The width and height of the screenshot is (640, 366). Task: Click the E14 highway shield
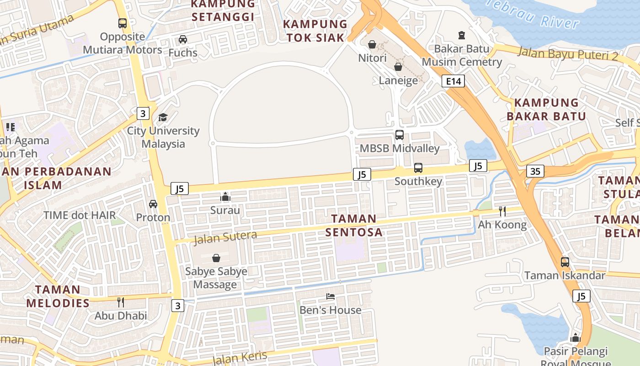click(453, 81)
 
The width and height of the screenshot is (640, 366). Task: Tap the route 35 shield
click(535, 171)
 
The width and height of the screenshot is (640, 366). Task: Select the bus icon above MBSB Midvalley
click(399, 135)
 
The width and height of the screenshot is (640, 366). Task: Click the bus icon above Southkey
click(418, 168)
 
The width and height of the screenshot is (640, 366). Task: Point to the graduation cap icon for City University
click(163, 117)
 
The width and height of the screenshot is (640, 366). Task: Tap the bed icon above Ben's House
click(330, 296)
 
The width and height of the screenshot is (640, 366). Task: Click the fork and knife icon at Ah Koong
click(502, 211)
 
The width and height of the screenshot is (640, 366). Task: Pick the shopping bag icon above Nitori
click(372, 44)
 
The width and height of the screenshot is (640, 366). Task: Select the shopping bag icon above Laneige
click(398, 67)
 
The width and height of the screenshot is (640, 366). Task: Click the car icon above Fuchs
click(182, 39)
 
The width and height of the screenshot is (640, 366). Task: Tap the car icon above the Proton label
click(153, 204)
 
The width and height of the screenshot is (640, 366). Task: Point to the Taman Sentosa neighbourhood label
click(354, 225)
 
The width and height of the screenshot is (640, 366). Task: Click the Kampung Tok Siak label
click(315, 31)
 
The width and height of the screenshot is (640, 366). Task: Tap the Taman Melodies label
click(58, 296)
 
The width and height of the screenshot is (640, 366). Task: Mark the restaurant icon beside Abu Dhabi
click(121, 302)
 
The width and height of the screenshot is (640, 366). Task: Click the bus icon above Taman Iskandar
click(565, 262)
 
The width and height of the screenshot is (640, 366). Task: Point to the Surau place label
click(225, 210)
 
